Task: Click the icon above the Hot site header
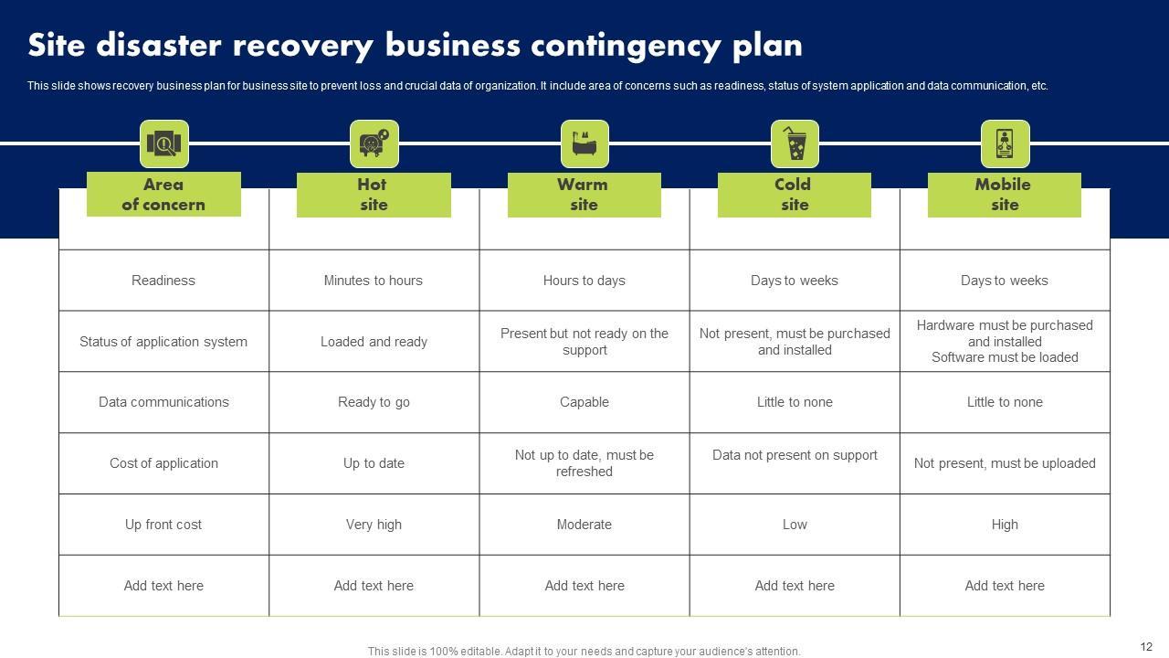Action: (x=374, y=143)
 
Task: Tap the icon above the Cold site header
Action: (x=795, y=143)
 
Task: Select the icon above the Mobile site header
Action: (x=1005, y=143)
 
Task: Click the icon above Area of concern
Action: (x=163, y=143)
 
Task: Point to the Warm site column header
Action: (x=584, y=195)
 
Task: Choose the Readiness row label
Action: (x=163, y=281)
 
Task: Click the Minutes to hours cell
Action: (x=374, y=281)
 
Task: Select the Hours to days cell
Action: (x=584, y=281)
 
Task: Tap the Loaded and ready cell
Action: (x=374, y=342)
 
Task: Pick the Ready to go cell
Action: (x=374, y=402)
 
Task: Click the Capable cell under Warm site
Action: (x=584, y=402)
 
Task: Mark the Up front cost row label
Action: (x=163, y=525)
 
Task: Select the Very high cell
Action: (x=374, y=525)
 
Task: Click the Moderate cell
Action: (x=584, y=525)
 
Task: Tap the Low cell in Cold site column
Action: (x=795, y=525)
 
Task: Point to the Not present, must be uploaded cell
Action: (x=1005, y=463)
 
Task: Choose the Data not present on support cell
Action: (x=795, y=455)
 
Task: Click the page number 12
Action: (x=1147, y=646)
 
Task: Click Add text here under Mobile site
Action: (x=1005, y=586)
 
